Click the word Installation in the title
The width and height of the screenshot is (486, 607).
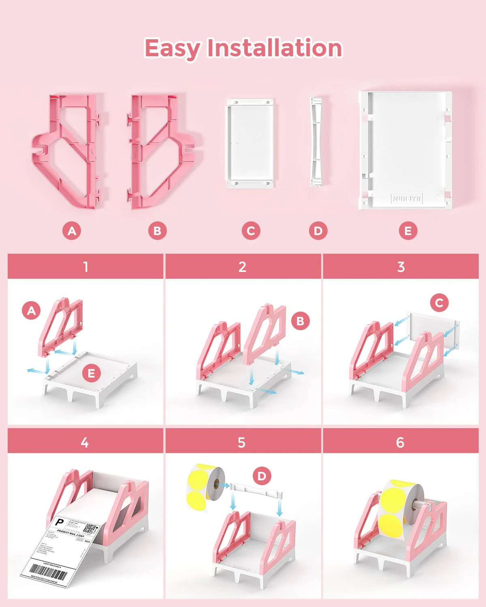pyautogui.click(x=275, y=48)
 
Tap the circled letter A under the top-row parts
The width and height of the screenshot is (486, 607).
pyautogui.click(x=72, y=231)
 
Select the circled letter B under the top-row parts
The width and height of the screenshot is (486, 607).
pyautogui.click(x=157, y=231)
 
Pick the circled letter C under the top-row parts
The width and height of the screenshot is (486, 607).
pyautogui.click(x=251, y=231)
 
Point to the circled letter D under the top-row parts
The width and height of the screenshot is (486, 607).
pyautogui.click(x=318, y=231)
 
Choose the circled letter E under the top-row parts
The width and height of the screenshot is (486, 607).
pyautogui.click(x=408, y=231)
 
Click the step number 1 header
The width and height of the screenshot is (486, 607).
pyautogui.click(x=85, y=267)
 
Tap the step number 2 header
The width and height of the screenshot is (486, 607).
pyautogui.click(x=243, y=267)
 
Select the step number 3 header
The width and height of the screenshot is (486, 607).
pyautogui.click(x=401, y=267)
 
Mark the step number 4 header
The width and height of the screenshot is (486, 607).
pyautogui.click(x=85, y=442)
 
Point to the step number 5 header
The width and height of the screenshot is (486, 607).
pyautogui.click(x=242, y=442)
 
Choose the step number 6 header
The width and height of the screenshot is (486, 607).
pyautogui.click(x=400, y=442)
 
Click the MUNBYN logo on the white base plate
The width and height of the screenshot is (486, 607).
pyautogui.click(x=407, y=198)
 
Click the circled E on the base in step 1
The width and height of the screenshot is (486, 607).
pyautogui.click(x=91, y=373)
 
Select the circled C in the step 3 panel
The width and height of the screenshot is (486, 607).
pyautogui.click(x=439, y=303)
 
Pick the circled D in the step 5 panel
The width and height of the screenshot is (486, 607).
pyautogui.click(x=262, y=476)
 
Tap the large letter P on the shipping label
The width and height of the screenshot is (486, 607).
pyautogui.click(x=59, y=522)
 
